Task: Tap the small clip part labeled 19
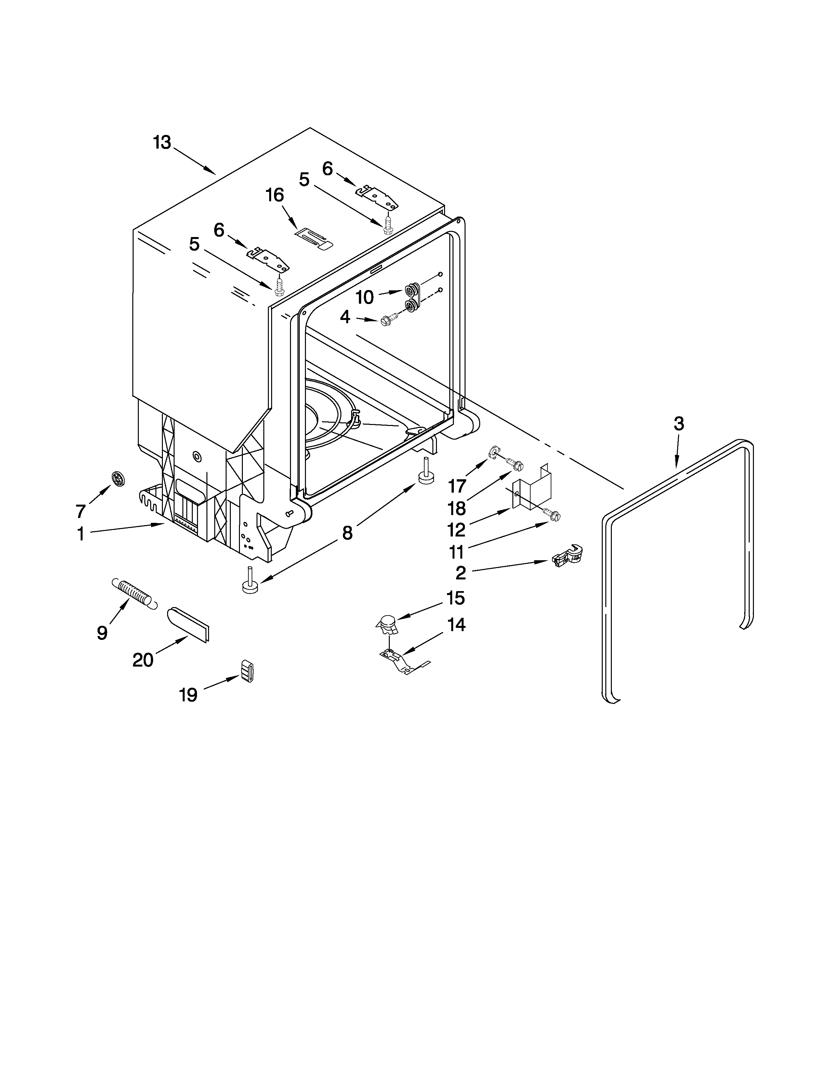click(247, 671)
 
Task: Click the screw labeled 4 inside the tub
click(387, 322)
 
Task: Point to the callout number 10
click(364, 297)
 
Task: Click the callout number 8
click(347, 533)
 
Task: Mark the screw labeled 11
click(552, 515)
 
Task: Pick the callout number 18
click(457, 509)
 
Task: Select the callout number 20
click(143, 660)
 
